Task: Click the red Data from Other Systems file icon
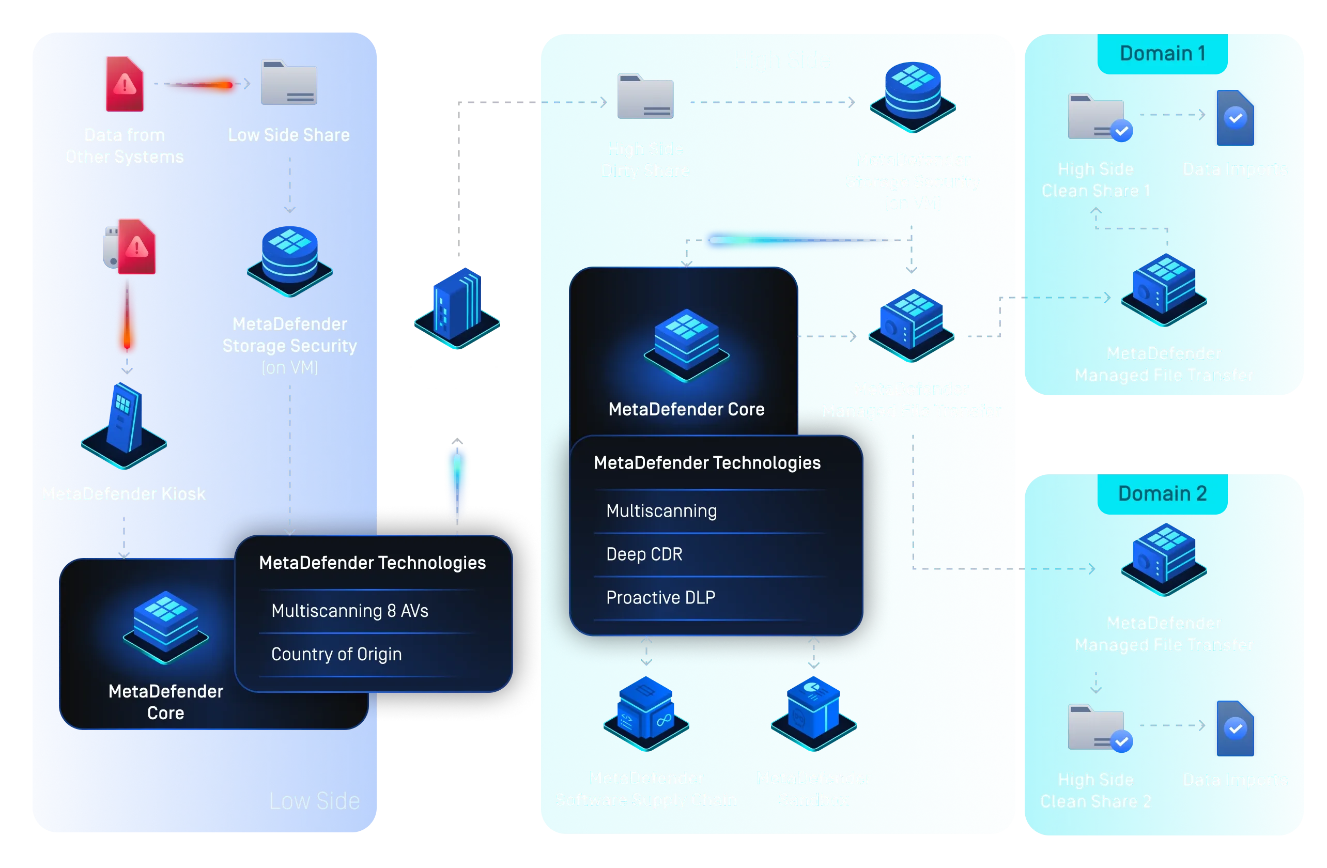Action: pos(125,84)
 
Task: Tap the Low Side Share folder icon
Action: pos(289,83)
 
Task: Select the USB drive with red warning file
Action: pos(130,246)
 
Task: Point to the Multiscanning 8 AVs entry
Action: pos(350,611)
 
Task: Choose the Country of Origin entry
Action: pos(336,654)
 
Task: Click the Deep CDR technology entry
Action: pos(644,554)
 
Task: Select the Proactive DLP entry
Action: pos(661,598)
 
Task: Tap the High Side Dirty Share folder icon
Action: pos(645,97)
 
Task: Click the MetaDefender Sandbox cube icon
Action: pos(813,714)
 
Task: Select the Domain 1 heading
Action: pos(1163,54)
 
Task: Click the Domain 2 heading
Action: pos(1163,493)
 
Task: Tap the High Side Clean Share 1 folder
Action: pos(1097,117)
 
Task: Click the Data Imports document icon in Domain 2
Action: pos(1236,728)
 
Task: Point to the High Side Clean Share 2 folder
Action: pos(1097,728)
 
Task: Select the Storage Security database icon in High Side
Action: pos(913,96)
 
